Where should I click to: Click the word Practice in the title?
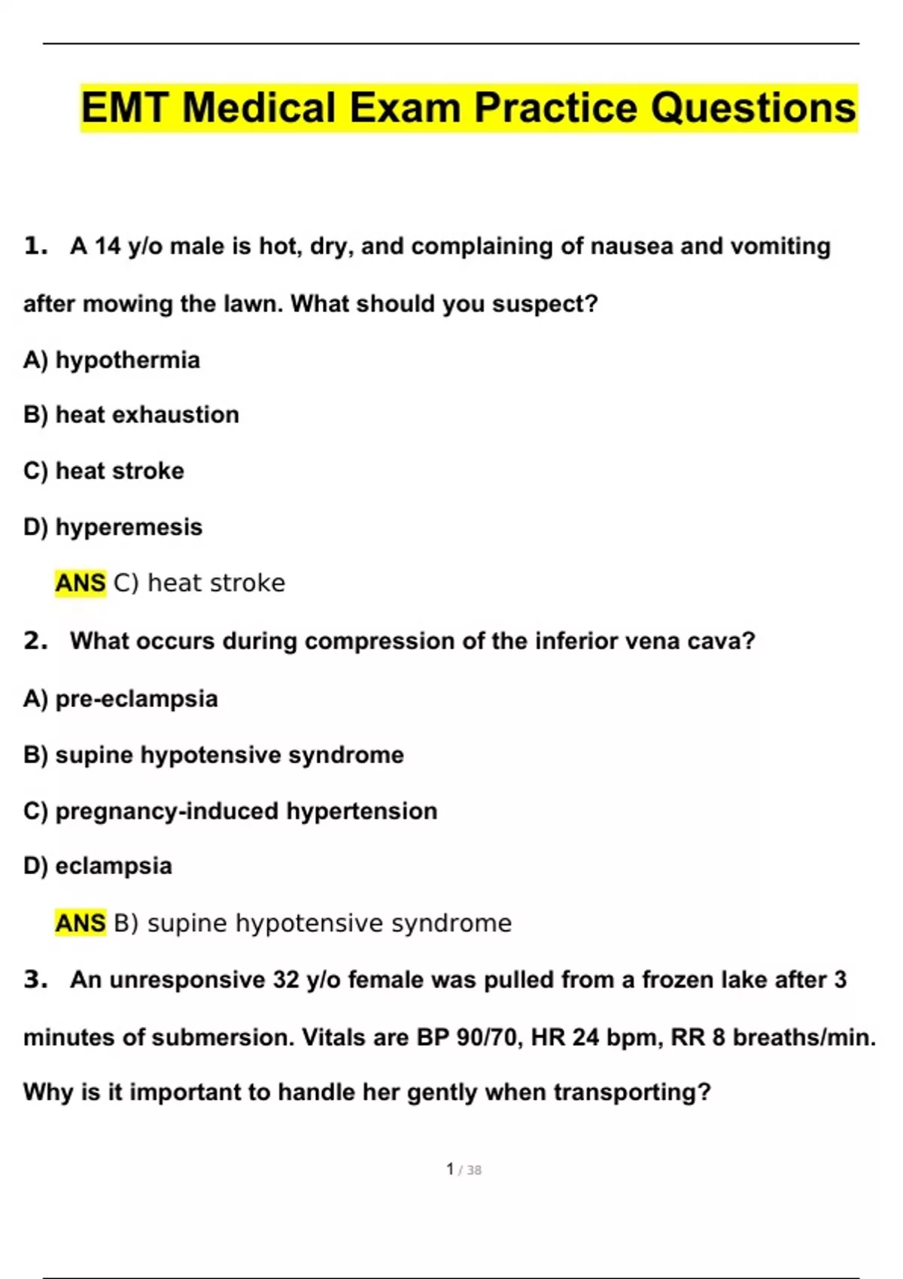[x=558, y=108]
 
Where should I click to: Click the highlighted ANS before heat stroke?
[x=81, y=583]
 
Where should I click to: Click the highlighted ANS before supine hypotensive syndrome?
[x=81, y=923]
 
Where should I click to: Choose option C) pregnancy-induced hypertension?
[x=230, y=811]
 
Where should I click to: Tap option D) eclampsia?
[x=98, y=866]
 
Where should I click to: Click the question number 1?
[x=35, y=246]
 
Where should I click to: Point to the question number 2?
[x=35, y=641]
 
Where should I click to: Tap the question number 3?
[x=35, y=980]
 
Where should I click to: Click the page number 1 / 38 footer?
[x=464, y=1170]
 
